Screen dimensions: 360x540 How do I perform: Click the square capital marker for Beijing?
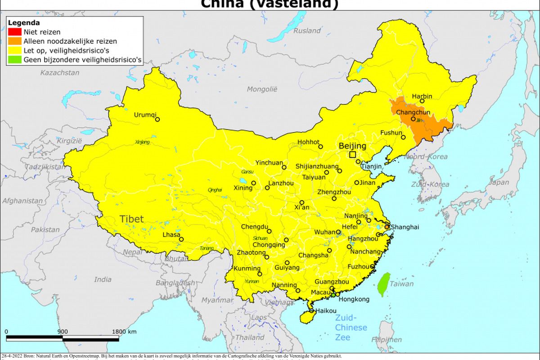(x=352, y=155)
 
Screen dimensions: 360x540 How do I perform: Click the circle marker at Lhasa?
(x=181, y=239)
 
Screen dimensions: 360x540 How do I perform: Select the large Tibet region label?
(x=131, y=219)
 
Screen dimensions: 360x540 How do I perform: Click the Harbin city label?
(x=422, y=96)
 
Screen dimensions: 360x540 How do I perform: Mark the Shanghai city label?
(x=405, y=227)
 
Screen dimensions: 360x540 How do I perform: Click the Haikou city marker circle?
(x=312, y=310)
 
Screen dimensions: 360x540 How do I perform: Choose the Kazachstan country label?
(x=60, y=72)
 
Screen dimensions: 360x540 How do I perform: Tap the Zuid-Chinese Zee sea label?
(x=351, y=327)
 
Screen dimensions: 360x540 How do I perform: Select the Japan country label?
(x=499, y=183)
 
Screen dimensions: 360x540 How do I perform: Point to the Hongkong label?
(x=354, y=299)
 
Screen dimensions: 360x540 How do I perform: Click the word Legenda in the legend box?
(x=24, y=23)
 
